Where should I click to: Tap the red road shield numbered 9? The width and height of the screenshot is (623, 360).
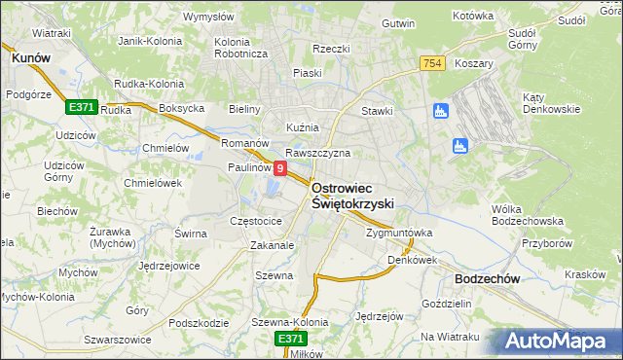(280, 168)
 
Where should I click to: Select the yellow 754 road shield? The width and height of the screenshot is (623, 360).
(434, 63)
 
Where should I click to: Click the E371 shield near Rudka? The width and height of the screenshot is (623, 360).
(81, 107)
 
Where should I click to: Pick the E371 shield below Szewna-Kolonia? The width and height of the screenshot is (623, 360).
(290, 338)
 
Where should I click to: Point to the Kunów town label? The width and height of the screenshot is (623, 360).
(30, 58)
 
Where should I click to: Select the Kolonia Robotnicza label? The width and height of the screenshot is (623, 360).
(240, 48)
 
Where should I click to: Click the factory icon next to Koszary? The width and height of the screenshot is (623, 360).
(440, 112)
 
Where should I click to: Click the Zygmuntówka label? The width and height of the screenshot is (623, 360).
(398, 234)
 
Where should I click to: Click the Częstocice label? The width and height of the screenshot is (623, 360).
(255, 221)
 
